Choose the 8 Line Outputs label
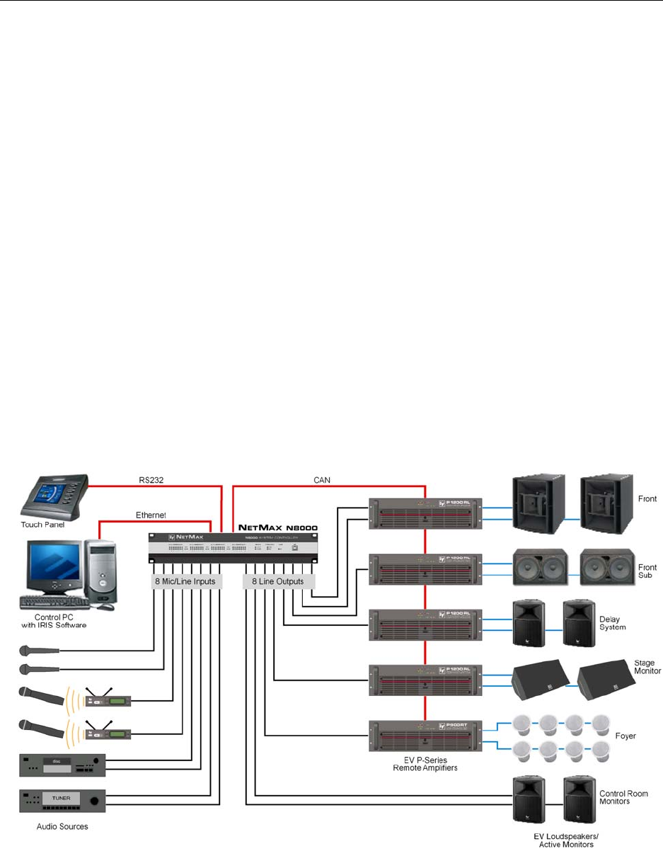tap(277, 582)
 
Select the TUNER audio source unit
tap(62, 800)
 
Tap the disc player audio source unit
tap(62, 765)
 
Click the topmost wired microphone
tap(42, 650)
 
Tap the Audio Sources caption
tap(62, 826)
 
